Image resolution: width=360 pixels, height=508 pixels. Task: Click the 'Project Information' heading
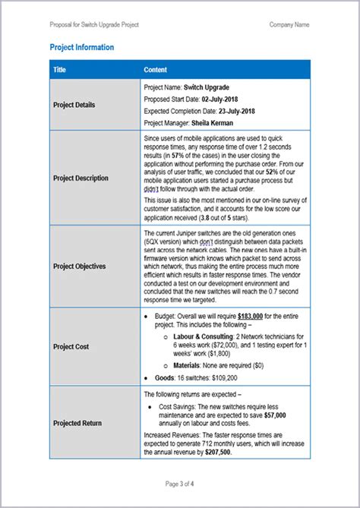tap(82, 47)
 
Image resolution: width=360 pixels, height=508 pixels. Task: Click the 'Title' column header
tap(60, 70)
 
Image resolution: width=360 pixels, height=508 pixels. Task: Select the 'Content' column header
tap(156, 70)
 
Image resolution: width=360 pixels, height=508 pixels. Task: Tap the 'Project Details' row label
tap(74, 105)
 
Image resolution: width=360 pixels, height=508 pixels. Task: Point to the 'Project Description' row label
tap(81, 178)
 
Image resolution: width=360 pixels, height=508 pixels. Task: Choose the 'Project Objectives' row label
tap(79, 267)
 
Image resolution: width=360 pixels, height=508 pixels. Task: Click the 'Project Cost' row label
tap(71, 346)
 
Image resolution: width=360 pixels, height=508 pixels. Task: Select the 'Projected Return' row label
tap(77, 422)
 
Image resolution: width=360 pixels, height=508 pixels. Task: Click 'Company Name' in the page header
tap(289, 24)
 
